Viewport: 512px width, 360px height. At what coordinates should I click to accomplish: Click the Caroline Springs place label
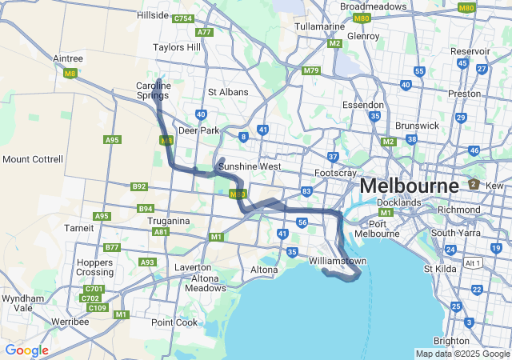pyautogui.click(x=153, y=90)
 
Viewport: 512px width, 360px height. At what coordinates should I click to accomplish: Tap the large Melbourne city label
pyautogui.click(x=409, y=186)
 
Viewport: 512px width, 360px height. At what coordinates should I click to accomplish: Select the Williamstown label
pyautogui.click(x=338, y=262)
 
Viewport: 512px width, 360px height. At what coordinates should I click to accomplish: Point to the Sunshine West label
pyautogui.click(x=250, y=166)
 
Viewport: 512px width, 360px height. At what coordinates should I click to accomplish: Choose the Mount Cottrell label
pyautogui.click(x=32, y=159)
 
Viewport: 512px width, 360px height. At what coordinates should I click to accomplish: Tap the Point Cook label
pyautogui.click(x=174, y=322)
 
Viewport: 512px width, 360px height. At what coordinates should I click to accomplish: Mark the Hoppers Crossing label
pyautogui.click(x=94, y=267)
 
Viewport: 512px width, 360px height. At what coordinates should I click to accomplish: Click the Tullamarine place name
pyautogui.click(x=319, y=26)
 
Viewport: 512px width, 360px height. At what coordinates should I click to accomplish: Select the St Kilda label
pyautogui.click(x=439, y=269)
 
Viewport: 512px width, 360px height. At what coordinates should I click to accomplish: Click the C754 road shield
pyautogui.click(x=183, y=18)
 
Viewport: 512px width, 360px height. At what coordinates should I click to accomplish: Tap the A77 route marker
pyautogui.click(x=204, y=32)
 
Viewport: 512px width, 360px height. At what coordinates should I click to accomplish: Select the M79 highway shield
pyautogui.click(x=311, y=71)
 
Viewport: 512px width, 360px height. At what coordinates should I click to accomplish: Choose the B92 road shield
pyautogui.click(x=139, y=186)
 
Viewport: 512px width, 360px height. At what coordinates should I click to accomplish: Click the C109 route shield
pyautogui.click(x=97, y=307)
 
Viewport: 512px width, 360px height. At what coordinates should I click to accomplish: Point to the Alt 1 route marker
pyautogui.click(x=474, y=262)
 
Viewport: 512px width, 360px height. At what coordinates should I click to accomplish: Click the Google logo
pyautogui.click(x=26, y=350)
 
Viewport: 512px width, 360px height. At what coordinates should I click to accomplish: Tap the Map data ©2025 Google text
pyautogui.click(x=462, y=354)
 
